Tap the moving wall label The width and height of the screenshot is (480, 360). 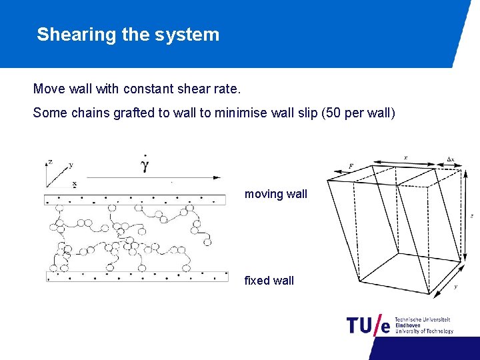(x=276, y=194)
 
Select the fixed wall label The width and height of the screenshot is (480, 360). (x=269, y=281)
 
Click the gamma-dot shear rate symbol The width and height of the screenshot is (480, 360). (x=144, y=165)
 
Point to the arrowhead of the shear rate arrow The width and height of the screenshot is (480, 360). (x=217, y=177)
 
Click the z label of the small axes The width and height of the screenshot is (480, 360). (x=50, y=161)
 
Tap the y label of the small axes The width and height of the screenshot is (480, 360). (x=71, y=165)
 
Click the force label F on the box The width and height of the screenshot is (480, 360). (x=351, y=165)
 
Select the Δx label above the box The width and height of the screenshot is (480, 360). (x=451, y=160)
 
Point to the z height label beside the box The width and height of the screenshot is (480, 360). (x=471, y=216)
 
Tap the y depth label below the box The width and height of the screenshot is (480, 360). (x=455, y=287)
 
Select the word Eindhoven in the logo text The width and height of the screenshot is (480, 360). (x=408, y=325)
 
